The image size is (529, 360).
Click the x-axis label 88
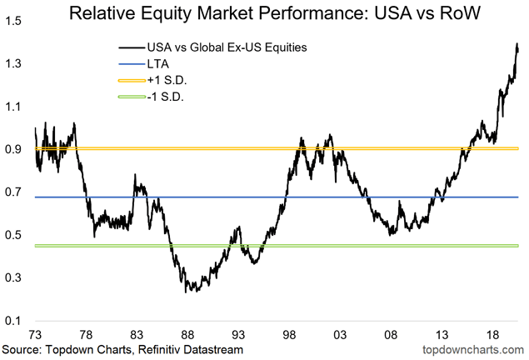(x=189, y=334)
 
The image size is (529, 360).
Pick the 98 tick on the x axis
(x=290, y=334)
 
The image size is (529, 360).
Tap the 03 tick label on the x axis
(x=340, y=334)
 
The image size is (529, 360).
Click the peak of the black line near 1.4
(x=517, y=44)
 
